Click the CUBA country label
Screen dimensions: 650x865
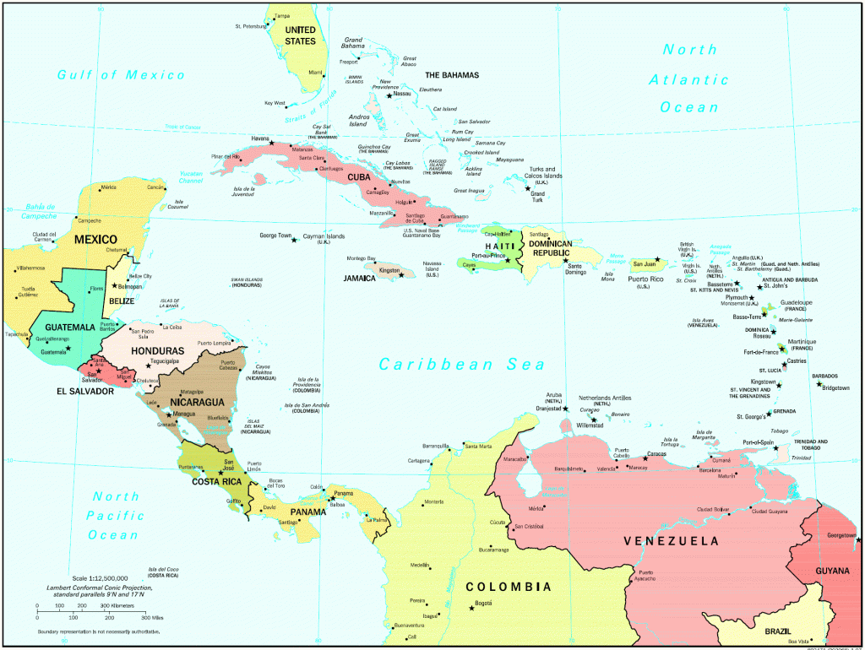358,177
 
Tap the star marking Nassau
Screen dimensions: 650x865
389,95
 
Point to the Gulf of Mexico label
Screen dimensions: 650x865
121,75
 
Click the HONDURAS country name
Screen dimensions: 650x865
157,350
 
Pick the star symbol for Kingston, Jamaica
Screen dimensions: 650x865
401,274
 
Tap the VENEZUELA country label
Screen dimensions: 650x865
672,540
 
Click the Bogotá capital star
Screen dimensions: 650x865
471,608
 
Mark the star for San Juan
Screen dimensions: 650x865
657,259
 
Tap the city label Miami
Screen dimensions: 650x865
315,73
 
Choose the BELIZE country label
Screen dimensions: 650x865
122,301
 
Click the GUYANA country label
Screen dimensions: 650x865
831,571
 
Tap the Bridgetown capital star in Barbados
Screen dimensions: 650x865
819,387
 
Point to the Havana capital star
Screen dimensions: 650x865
271,143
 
